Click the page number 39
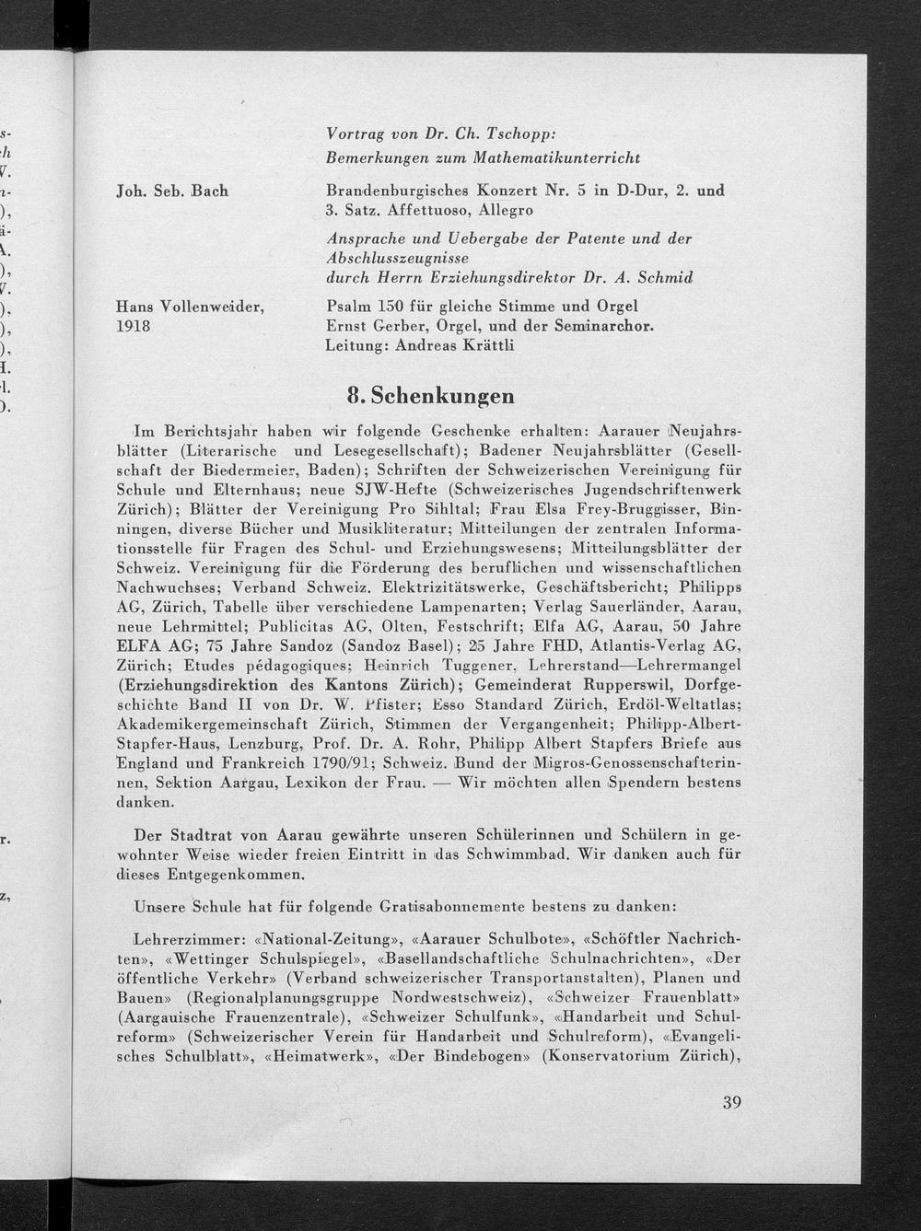point(732,1102)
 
